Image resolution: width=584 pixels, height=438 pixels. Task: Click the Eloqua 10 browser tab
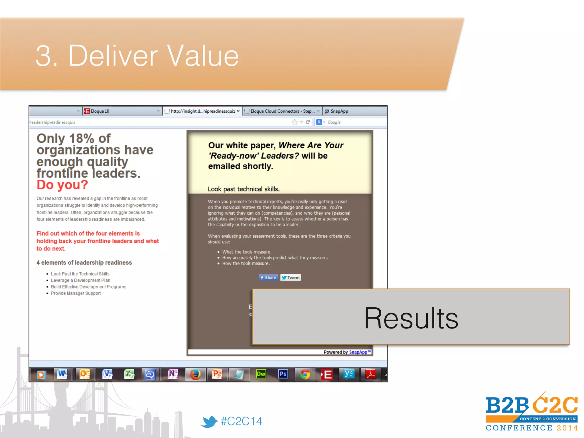click(100, 111)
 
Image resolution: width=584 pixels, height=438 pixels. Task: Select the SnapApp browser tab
click(339, 111)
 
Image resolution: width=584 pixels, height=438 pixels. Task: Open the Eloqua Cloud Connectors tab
click(282, 111)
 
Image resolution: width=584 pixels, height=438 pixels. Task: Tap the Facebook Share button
click(268, 277)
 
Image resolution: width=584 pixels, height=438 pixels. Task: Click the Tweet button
click(291, 277)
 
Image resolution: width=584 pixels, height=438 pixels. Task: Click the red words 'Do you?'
click(62, 185)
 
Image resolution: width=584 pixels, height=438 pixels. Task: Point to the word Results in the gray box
click(411, 318)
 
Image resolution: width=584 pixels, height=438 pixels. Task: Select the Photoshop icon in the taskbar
click(283, 374)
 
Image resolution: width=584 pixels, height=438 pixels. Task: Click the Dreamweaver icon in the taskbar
click(261, 374)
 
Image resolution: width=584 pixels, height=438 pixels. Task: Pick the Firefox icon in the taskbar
click(195, 374)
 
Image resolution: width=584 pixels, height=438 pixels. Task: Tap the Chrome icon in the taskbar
click(305, 374)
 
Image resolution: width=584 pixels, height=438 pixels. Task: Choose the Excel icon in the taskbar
click(129, 374)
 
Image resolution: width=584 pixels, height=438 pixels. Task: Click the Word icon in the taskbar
click(62, 374)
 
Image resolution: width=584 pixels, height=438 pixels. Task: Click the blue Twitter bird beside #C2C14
click(209, 421)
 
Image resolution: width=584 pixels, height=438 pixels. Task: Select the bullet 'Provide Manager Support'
click(76, 293)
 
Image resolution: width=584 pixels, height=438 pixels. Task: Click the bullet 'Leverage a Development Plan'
click(80, 280)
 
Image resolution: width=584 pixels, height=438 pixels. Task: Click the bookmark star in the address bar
click(295, 122)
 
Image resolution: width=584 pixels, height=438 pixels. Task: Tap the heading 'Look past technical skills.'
click(244, 189)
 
